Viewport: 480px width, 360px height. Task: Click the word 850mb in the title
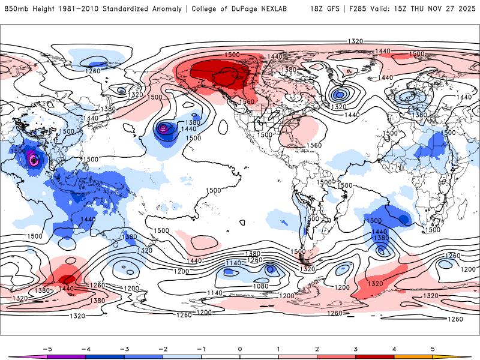click(x=15, y=9)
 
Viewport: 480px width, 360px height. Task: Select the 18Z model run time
click(x=317, y=9)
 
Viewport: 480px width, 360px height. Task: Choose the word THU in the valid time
click(x=427, y=9)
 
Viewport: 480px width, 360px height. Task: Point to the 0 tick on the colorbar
click(x=240, y=348)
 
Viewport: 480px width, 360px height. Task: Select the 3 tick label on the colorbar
click(x=355, y=348)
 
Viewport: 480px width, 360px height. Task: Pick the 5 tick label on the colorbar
click(x=433, y=348)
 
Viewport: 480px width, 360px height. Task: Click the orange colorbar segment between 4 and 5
click(x=413, y=357)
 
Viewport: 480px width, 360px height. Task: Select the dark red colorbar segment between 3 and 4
click(x=374, y=357)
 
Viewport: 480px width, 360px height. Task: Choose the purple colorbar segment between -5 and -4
click(x=67, y=357)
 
